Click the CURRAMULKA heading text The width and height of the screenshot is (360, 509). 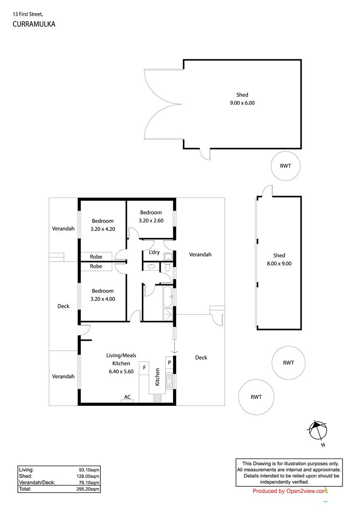coord(34,24)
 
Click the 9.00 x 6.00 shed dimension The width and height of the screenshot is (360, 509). coord(242,103)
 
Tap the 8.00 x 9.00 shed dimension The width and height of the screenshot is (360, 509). coord(279,264)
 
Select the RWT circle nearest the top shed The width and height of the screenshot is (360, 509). coord(286,166)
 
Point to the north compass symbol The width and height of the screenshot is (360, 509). coord(317,430)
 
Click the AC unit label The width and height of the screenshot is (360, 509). coord(127,396)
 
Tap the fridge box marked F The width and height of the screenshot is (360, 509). coord(144,367)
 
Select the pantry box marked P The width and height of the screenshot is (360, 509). coord(169,362)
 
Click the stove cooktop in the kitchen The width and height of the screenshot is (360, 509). coord(157,398)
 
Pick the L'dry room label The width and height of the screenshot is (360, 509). coord(154,253)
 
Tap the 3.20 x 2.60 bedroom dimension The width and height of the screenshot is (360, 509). coord(151,220)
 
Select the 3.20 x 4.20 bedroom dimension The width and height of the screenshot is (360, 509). coord(103,229)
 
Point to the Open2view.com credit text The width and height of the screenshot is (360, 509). coord(289,491)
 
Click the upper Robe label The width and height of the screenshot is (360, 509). coord(96,257)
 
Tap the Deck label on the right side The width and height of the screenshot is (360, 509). coord(201,358)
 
